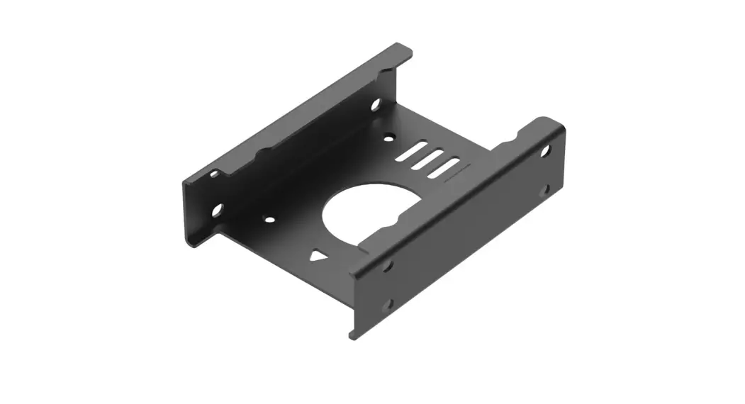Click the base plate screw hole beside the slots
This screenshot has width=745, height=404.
tap(388, 138)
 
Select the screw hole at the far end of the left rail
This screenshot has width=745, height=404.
tap(376, 105)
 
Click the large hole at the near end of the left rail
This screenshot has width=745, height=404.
tap(217, 209)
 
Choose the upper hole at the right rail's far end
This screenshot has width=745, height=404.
tap(545, 150)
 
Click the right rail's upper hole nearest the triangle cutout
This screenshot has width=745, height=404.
tap(387, 266)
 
